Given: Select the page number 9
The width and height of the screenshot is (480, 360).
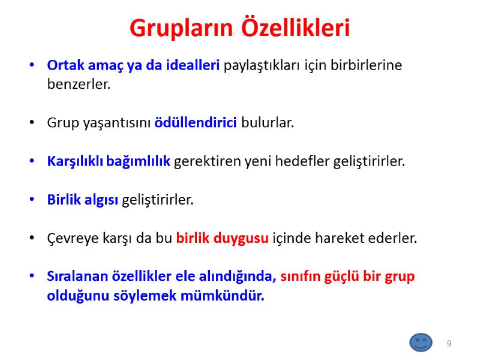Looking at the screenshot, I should [448, 343].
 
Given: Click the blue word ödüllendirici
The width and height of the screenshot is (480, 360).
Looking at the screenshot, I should [196, 123].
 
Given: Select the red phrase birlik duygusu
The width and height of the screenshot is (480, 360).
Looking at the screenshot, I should [222, 238].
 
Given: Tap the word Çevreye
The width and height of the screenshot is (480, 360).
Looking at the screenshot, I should [71, 238].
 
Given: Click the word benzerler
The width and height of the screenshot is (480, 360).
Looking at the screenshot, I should [79, 84].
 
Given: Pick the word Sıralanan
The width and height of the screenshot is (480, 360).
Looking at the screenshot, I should [77, 277].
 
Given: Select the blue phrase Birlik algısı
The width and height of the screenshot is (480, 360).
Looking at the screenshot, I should [83, 200].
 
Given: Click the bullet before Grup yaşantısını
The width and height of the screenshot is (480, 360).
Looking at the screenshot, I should [32, 124].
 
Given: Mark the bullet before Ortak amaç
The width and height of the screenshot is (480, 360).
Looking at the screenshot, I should [32, 65].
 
